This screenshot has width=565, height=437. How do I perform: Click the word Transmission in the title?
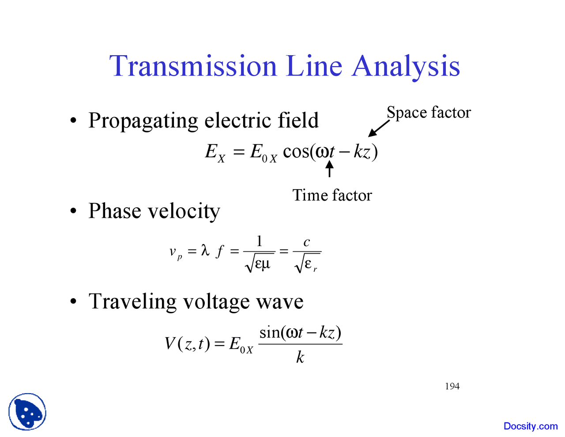coord(193,66)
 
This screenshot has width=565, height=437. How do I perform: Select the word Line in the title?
coord(314,66)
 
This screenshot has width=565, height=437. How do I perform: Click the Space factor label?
coord(429,112)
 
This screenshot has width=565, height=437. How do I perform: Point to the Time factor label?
coord(332,195)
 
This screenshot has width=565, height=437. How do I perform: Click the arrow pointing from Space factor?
coord(379,128)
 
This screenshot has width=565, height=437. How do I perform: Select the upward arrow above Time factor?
coord(329,169)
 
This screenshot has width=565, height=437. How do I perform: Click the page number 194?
coord(452,386)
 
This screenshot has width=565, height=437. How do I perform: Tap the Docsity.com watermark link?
coord(531,426)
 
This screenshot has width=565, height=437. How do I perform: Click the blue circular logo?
coord(27,412)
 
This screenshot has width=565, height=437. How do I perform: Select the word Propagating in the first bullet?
coord(143,121)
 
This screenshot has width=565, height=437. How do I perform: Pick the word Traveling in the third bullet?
coord(132,302)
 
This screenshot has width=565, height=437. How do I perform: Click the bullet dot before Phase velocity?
coord(73,211)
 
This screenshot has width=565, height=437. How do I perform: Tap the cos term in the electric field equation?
coord(296,152)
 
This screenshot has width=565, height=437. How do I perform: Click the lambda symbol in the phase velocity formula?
coord(204,251)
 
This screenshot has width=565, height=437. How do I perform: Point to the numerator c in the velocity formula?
coord(306,242)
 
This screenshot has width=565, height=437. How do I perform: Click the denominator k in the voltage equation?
coord(300,357)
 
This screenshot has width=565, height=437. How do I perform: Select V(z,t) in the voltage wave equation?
coord(187,343)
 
